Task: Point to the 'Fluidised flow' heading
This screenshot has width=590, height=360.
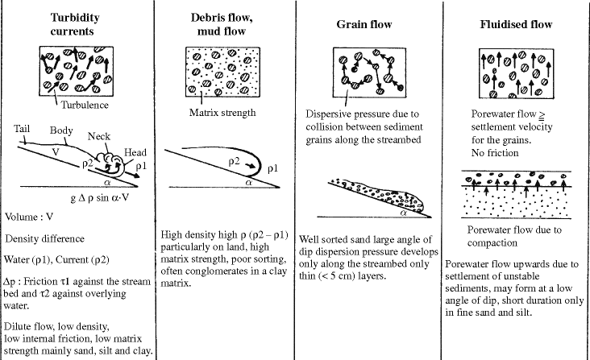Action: tap(515, 24)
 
